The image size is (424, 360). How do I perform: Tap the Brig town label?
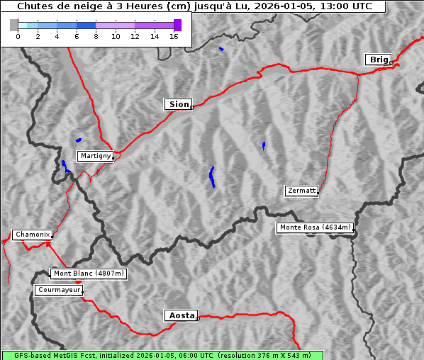[378, 60]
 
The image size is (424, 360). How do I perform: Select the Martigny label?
[95, 156]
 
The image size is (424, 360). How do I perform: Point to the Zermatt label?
[301, 191]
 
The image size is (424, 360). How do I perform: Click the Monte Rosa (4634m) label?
[315, 227]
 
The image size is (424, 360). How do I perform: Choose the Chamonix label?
[32, 235]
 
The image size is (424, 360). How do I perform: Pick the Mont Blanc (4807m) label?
[89, 274]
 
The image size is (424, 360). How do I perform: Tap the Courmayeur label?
[59, 290]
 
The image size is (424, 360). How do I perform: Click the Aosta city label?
[180, 315]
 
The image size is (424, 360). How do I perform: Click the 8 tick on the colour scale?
[96, 36]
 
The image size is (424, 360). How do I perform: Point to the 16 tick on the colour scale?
[174, 36]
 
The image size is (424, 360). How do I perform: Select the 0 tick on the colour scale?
[18, 36]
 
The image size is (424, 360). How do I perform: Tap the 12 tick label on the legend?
[135, 36]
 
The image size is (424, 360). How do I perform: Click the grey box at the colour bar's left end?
[14, 25]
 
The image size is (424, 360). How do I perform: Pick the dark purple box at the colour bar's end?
[177, 25]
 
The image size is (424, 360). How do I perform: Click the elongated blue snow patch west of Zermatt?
[212, 176]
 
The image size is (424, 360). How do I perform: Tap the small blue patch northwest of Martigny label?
[78, 140]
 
